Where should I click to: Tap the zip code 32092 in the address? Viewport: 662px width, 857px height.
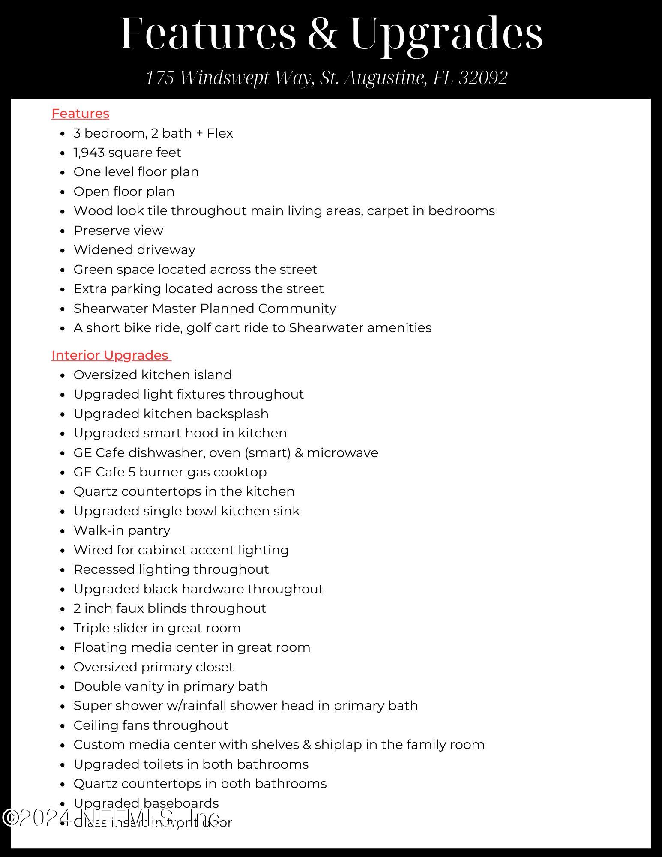[x=483, y=78]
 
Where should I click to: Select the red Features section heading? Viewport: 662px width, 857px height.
[x=80, y=114]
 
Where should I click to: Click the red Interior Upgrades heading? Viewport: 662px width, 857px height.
[x=110, y=355]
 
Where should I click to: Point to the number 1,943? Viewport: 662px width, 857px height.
[x=89, y=153]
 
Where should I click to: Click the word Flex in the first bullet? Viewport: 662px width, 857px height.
[x=220, y=133]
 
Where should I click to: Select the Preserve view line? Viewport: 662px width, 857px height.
[x=118, y=231]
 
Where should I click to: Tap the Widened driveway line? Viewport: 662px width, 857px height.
[x=135, y=250]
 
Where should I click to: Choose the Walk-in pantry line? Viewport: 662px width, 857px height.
[x=122, y=530]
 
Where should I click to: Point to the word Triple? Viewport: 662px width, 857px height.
[x=90, y=628]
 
